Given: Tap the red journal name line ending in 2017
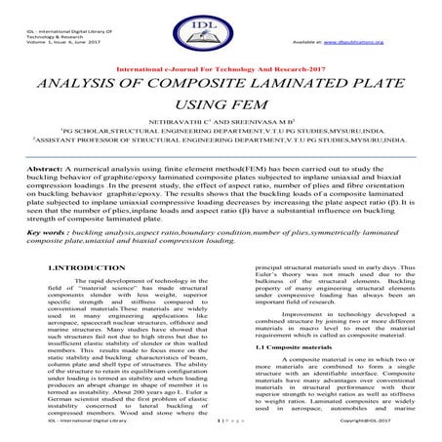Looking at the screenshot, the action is pos(221,71).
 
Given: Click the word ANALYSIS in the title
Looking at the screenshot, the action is pos(75,93).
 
